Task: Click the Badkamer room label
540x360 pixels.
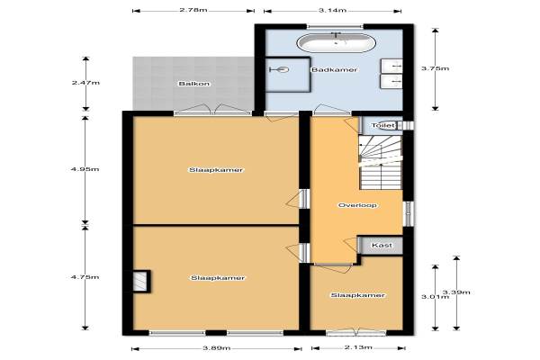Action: (x=335, y=69)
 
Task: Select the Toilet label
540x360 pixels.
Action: (x=383, y=125)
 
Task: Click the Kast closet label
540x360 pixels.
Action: (x=382, y=245)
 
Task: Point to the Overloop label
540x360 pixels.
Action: (x=357, y=205)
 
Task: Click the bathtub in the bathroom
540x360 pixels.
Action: (x=336, y=42)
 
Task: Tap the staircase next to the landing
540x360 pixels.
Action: (x=381, y=162)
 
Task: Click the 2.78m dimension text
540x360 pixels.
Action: (x=193, y=10)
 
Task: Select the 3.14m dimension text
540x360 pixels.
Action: (x=332, y=10)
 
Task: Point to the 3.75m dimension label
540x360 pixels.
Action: (x=436, y=68)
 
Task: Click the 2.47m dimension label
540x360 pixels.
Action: (x=85, y=83)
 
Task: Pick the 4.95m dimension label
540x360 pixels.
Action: (x=85, y=169)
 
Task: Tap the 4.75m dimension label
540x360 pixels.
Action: (x=85, y=277)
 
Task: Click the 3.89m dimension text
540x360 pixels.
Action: (x=216, y=347)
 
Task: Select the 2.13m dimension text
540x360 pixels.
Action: (x=358, y=346)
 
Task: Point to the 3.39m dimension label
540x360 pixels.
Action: (x=456, y=292)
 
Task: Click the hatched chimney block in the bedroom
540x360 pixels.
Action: (x=140, y=282)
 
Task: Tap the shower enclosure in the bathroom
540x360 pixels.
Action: (x=288, y=75)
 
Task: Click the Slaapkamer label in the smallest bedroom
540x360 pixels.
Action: (x=357, y=295)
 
